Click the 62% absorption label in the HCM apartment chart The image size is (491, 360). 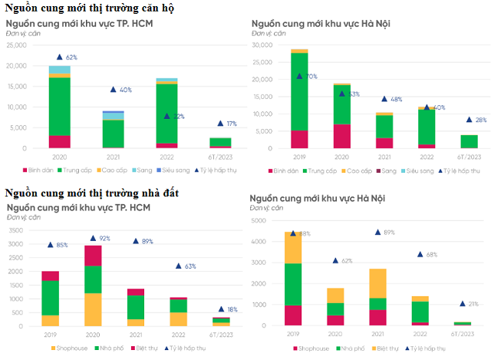click(71, 58)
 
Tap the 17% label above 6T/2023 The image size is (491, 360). click(232, 124)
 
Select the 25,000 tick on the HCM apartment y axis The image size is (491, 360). click(16, 45)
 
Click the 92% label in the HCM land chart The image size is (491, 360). click(104, 239)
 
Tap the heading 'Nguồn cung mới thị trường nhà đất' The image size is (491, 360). click(92, 192)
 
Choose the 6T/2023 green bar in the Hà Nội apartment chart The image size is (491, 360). click(469, 141)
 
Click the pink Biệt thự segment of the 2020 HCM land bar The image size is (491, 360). click(92, 256)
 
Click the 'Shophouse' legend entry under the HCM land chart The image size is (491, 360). click(73, 348)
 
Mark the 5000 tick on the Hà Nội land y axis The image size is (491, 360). click(258, 221)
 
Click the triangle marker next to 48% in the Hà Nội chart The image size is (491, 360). click(385, 99)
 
